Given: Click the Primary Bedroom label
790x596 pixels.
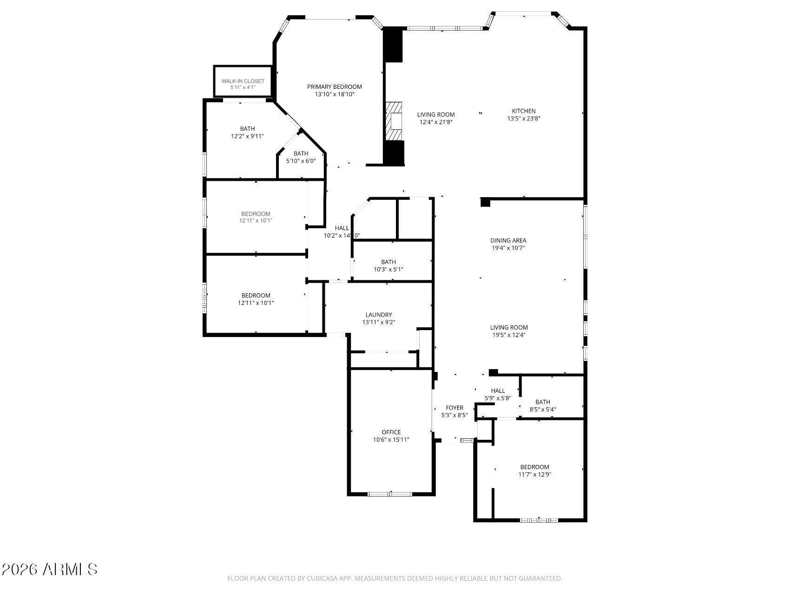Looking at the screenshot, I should pyautogui.click(x=334, y=87).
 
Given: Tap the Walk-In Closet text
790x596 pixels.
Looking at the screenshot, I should pyautogui.click(x=243, y=81).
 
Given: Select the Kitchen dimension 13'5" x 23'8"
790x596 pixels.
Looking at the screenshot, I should pyautogui.click(x=524, y=119).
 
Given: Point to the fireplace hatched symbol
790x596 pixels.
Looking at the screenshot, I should pyautogui.click(x=395, y=121).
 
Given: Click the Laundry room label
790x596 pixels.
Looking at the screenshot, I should pyautogui.click(x=378, y=315).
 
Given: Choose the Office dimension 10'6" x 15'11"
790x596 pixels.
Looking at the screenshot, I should pyautogui.click(x=391, y=440).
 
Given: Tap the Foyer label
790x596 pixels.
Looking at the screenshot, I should pyautogui.click(x=454, y=408).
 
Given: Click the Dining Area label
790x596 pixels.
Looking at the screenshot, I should pyautogui.click(x=508, y=240).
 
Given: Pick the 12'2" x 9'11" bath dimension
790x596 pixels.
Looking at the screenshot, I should pyautogui.click(x=247, y=136).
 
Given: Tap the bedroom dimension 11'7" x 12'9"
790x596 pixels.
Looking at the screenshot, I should pyautogui.click(x=534, y=475).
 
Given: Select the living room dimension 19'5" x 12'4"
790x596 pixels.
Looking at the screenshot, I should pyautogui.click(x=509, y=335).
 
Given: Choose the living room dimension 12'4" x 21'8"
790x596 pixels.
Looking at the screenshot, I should pyautogui.click(x=435, y=122).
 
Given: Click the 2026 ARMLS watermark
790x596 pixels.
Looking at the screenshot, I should pyautogui.click(x=49, y=570).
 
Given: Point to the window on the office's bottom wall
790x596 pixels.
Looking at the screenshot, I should pyautogui.click(x=390, y=494).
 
